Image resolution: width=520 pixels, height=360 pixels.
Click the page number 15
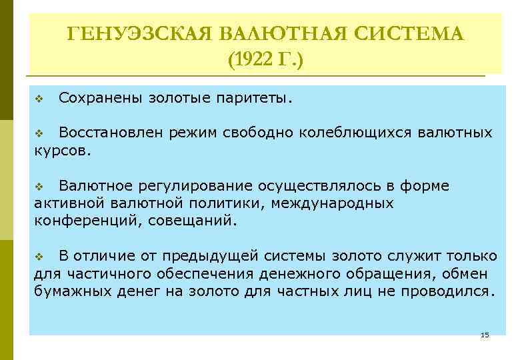485,335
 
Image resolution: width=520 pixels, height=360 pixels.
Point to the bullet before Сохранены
39,99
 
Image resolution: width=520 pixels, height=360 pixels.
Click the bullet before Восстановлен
39,133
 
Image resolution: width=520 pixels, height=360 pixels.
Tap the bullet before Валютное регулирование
39,185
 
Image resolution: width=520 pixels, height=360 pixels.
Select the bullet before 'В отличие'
39,256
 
